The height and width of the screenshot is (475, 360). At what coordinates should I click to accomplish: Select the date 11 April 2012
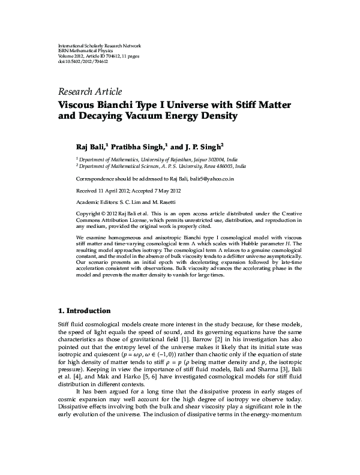[113, 190]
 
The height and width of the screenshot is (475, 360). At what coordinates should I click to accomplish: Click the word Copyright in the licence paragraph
[89, 214]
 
